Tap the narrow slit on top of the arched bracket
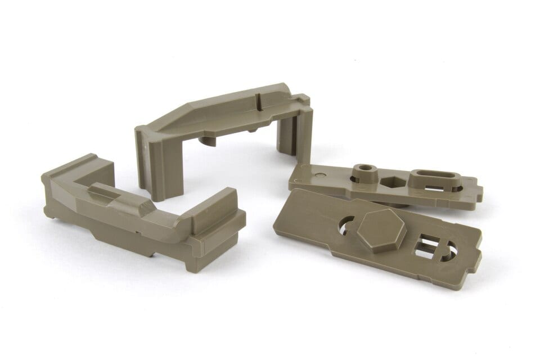(258, 102)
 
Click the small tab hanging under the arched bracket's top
(208, 140)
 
